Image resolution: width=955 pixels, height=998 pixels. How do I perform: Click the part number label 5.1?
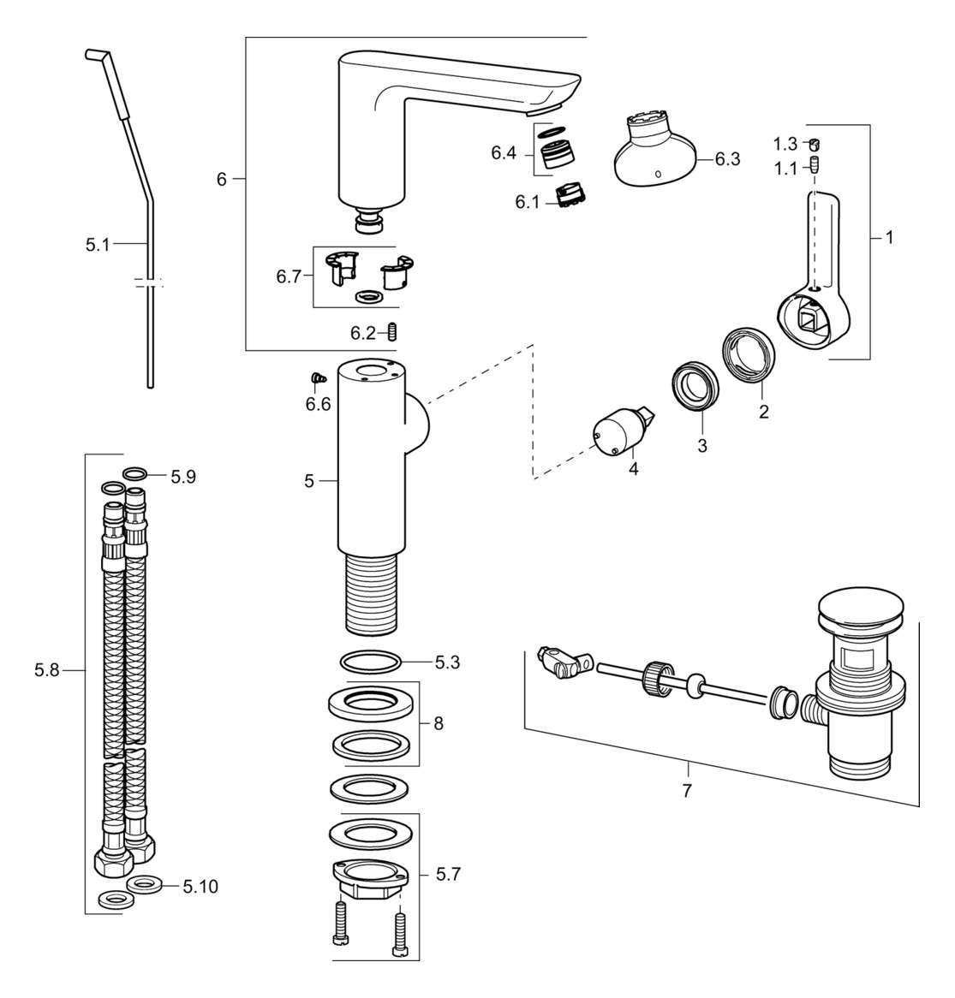point(97,245)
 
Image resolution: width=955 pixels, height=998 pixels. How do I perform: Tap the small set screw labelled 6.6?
point(315,377)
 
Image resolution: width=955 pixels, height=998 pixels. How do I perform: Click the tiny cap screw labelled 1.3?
point(815,144)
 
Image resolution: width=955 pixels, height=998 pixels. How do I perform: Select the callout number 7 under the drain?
point(686,791)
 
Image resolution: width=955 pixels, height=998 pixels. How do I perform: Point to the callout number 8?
point(438,723)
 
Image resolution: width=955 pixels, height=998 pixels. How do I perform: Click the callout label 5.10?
point(200,887)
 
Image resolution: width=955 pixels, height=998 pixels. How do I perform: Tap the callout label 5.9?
point(182,477)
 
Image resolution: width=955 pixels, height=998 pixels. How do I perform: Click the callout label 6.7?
point(289,276)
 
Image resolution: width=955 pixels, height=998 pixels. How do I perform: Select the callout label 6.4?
point(504,154)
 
